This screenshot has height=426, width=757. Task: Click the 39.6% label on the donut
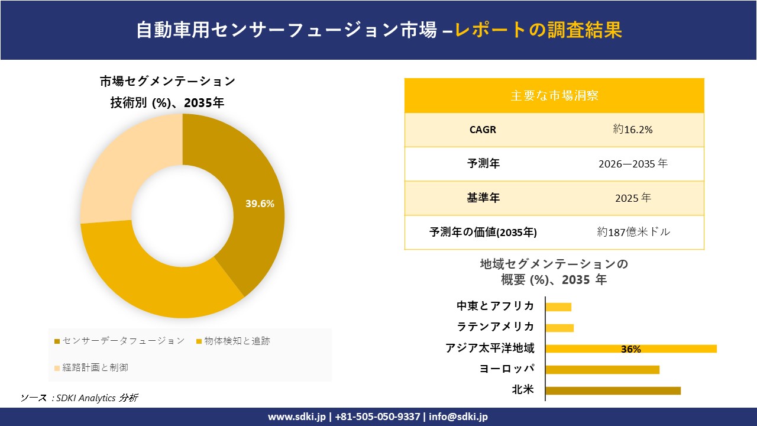[x=260, y=204]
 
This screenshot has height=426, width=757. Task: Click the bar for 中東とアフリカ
[x=558, y=306]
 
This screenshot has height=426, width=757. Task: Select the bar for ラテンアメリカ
[x=559, y=328]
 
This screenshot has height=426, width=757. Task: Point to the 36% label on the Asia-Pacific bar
[x=630, y=349]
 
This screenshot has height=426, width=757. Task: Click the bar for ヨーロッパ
[x=602, y=369]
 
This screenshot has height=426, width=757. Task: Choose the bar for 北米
[x=613, y=390]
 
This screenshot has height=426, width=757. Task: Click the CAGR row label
[x=483, y=130]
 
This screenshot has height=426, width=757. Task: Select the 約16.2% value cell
[x=633, y=130]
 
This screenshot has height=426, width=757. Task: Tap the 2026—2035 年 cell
[x=633, y=164]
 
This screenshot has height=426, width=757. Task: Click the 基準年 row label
[x=483, y=198]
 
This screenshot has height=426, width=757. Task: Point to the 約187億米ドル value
[x=633, y=232]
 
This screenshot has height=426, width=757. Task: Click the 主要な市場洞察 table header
[x=554, y=95]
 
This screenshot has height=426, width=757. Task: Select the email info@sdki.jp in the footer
[x=458, y=417]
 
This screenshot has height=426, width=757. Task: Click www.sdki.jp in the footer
[x=297, y=417]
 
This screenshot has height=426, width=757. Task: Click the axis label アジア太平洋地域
[x=490, y=348]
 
